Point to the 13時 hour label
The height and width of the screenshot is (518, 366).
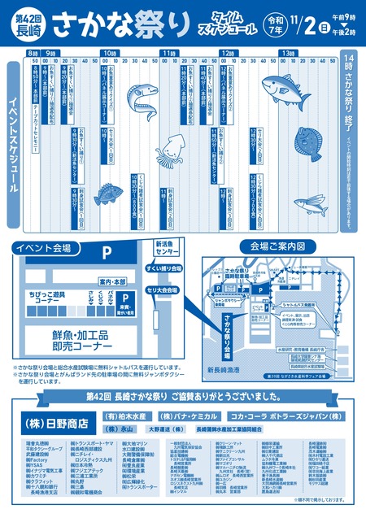[287, 53]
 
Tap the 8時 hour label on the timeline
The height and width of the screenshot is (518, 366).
[33, 53]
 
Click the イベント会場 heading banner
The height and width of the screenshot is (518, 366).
[41, 246]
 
